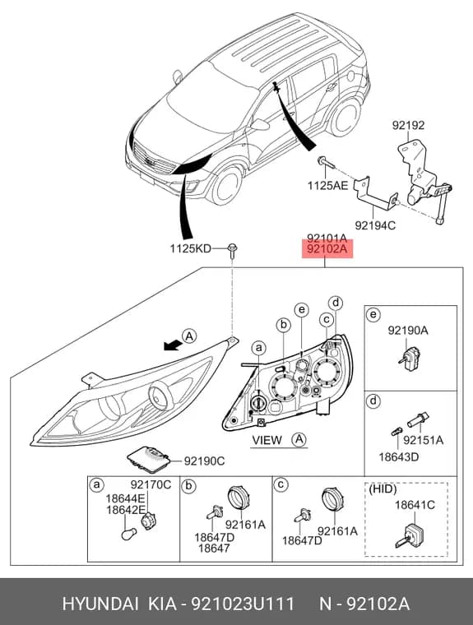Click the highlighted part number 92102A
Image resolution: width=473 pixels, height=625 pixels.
327,249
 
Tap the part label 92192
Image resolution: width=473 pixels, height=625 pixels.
408,125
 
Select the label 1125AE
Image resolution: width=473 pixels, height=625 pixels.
327,185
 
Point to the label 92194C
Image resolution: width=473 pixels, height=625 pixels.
375,225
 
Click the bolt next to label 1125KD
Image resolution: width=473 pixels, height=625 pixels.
232,250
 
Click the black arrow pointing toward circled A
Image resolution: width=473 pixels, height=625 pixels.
172,345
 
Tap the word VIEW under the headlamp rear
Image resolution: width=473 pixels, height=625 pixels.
267,440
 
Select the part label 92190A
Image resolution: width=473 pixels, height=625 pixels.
408,330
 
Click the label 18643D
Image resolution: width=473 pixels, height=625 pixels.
399,456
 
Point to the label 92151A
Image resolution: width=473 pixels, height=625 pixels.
423,440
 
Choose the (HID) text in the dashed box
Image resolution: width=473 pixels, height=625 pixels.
383,488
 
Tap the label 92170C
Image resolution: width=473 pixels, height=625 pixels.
151,484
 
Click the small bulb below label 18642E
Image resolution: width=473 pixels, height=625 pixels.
129,534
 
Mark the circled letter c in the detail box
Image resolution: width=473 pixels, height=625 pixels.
281,484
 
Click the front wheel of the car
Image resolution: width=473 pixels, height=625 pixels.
227,186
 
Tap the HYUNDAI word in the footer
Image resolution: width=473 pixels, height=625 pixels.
100,604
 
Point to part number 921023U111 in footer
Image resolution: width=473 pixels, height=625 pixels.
243,604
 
